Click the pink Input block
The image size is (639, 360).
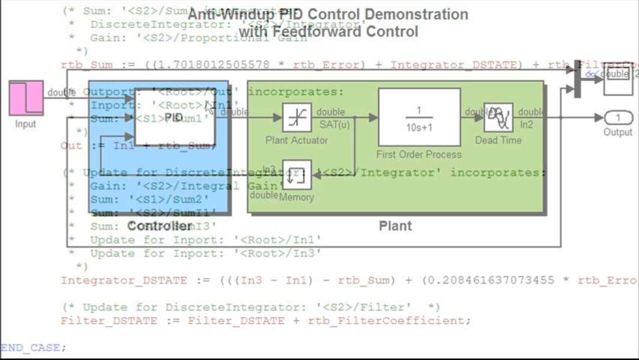click(x=26, y=97)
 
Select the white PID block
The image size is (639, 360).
click(x=174, y=117)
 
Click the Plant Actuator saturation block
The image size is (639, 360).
click(x=296, y=118)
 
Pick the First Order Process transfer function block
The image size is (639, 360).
click(x=419, y=117)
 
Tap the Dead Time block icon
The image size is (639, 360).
click(x=498, y=118)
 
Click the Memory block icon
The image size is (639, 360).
click(x=296, y=175)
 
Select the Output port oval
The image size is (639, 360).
click(x=618, y=118)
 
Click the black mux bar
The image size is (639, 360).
click(x=577, y=79)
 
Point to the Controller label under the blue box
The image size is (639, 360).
click(x=159, y=226)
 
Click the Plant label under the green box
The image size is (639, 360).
click(x=395, y=226)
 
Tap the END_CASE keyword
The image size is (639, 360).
click(x=31, y=347)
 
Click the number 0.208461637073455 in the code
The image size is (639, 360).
click(x=488, y=280)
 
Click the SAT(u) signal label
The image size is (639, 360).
click(x=334, y=124)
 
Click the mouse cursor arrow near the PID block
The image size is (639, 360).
click(x=209, y=107)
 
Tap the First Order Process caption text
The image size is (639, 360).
click(x=418, y=154)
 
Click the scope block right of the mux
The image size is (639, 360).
click(x=618, y=79)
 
